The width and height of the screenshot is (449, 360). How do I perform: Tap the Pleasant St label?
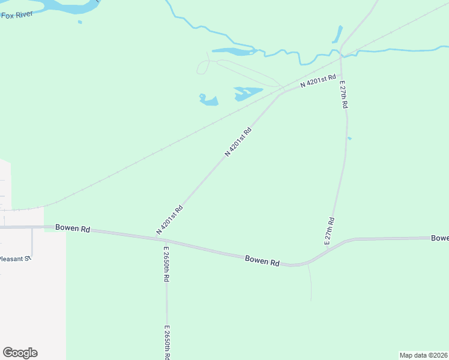14,259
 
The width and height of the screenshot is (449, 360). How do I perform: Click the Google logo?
20,353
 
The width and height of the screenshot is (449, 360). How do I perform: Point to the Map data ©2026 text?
423,355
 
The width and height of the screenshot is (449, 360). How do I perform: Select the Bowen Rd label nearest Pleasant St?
72,228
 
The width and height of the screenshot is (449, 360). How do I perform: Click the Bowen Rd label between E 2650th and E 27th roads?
262,261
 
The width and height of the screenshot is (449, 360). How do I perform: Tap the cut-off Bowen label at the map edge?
439,238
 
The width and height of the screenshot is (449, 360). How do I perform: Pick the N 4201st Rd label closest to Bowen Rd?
169,220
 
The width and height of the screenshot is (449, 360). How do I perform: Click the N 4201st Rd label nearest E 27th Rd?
318,82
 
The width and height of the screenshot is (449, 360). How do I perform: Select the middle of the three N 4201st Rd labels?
238,142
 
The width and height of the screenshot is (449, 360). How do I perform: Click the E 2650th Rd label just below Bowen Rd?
166,264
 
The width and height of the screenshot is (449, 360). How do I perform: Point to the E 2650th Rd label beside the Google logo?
166,342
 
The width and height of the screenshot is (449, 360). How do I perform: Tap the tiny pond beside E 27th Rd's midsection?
349,139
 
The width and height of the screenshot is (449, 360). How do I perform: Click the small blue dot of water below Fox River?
80,23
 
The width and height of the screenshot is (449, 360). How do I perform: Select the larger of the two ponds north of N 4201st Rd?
248,92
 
